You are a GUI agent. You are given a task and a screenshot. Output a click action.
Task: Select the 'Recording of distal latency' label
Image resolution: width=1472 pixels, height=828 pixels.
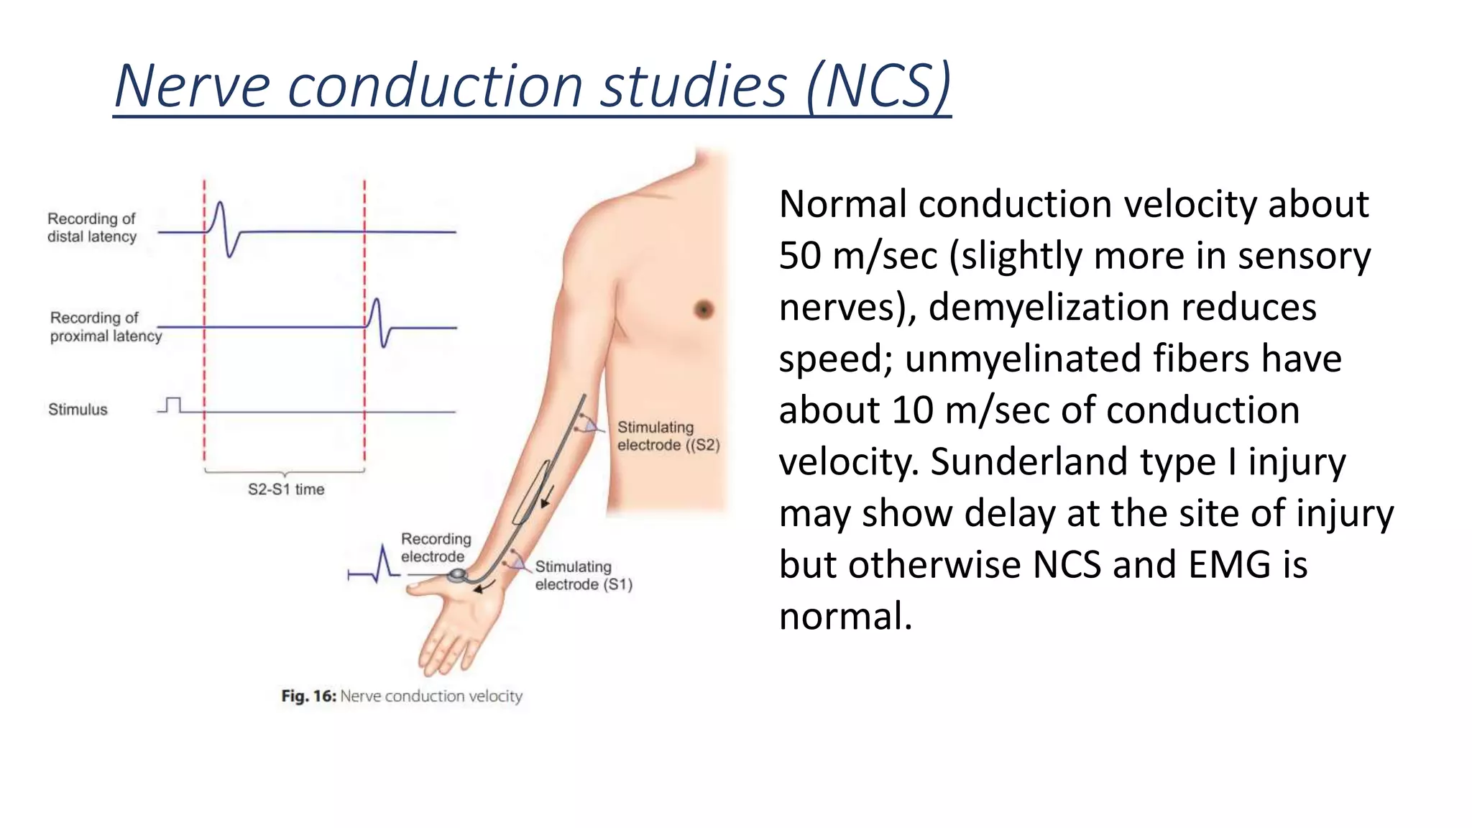[x=91, y=228]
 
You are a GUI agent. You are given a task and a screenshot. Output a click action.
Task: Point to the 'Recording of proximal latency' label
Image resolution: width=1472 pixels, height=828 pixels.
[x=105, y=327]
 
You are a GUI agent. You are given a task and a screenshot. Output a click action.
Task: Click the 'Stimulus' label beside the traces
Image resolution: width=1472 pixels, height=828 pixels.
[x=78, y=410]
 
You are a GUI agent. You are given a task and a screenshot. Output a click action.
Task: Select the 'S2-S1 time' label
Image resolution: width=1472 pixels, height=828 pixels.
[x=286, y=489]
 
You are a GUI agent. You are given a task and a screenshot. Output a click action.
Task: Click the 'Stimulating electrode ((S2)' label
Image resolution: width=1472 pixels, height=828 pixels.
[x=668, y=436]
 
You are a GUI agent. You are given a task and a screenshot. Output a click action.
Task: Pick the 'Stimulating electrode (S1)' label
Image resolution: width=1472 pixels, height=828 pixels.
[x=583, y=576]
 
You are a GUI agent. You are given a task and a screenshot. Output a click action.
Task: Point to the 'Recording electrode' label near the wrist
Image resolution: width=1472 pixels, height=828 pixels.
[x=436, y=548]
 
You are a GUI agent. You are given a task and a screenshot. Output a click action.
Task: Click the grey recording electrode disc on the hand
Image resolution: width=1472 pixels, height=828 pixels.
[x=457, y=575]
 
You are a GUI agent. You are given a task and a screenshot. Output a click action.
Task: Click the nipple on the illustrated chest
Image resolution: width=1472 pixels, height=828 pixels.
[x=704, y=309]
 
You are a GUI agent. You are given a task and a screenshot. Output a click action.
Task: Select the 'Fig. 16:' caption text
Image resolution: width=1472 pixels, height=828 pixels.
[x=308, y=696]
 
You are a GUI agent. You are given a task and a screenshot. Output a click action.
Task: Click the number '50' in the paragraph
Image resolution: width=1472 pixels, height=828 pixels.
[x=800, y=256]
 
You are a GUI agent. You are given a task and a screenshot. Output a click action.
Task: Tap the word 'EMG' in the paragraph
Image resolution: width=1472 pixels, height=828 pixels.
[x=1229, y=565]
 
